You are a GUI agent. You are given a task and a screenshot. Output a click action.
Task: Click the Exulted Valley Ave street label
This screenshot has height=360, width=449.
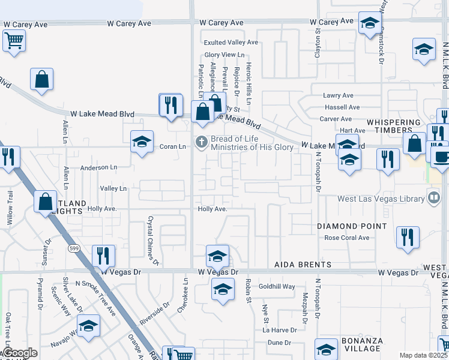pos(231,43)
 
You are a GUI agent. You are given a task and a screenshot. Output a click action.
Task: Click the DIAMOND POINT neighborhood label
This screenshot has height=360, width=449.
pos(352,226)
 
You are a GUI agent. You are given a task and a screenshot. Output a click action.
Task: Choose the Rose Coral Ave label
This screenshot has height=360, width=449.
pos(347,238)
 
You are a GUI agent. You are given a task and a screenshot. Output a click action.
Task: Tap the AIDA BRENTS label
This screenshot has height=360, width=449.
pos(303,265)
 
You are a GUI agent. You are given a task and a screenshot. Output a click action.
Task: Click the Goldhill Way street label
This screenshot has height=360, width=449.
pos(277,287)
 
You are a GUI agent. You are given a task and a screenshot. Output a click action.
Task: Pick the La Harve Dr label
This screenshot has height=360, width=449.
pos(280,331)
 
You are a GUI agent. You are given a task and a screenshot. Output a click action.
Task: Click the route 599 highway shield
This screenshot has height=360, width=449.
pos(74,248)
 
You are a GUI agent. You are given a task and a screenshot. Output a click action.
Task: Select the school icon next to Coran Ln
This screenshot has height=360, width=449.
pos(142,142)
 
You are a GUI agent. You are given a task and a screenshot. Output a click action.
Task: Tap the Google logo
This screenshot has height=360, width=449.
pos(20,353)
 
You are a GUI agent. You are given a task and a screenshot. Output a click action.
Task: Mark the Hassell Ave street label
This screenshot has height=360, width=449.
pos(342,107)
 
